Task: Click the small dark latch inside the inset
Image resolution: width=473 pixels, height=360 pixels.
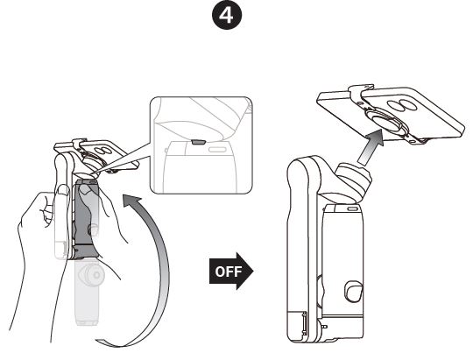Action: pos(198,138)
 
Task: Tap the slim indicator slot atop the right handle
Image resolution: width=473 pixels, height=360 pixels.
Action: pos(352,209)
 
